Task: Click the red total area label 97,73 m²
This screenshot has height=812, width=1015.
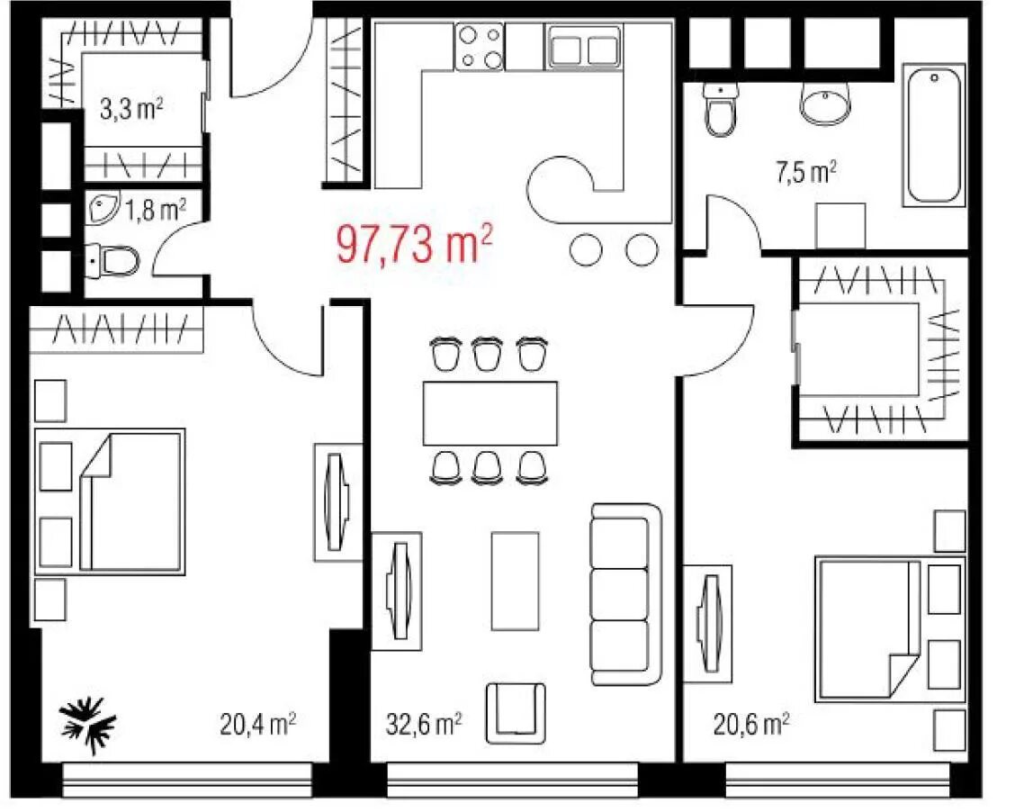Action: [x=414, y=243]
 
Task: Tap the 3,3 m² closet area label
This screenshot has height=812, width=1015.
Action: [x=131, y=109]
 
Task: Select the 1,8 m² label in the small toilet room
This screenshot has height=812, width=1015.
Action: [x=156, y=210]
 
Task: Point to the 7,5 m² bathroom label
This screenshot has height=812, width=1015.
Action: [x=806, y=172]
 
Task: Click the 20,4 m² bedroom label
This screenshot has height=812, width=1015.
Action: [x=257, y=724]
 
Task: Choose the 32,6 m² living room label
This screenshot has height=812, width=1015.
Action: [x=424, y=724]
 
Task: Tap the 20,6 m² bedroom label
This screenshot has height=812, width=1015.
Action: [x=750, y=724]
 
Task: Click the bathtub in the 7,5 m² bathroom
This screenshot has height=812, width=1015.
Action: [x=933, y=135]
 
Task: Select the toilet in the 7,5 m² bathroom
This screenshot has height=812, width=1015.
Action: [x=721, y=108]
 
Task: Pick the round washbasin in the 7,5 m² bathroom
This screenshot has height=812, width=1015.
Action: [x=826, y=103]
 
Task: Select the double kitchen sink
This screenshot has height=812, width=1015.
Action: [x=584, y=47]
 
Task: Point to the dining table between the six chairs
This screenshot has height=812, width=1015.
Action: [x=490, y=413]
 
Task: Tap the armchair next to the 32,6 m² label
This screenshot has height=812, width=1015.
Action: [x=516, y=713]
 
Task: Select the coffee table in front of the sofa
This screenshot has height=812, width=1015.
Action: [x=516, y=581]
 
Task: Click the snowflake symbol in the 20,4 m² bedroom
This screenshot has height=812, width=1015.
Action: [x=88, y=725]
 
